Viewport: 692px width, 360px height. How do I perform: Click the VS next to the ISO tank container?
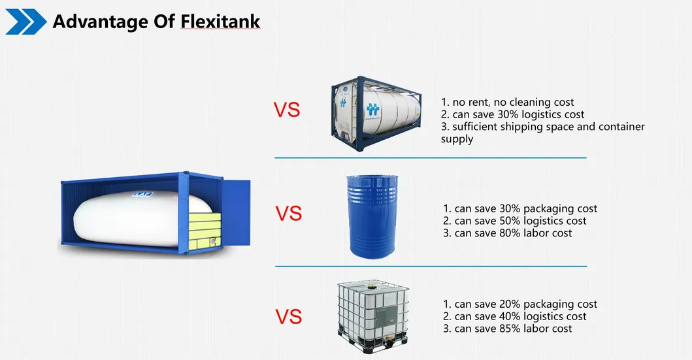[x=286, y=109]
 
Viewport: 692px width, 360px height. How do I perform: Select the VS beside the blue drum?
[x=288, y=214]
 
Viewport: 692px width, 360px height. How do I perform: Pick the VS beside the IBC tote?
[x=288, y=317]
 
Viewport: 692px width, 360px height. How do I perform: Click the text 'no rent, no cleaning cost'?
[x=508, y=102]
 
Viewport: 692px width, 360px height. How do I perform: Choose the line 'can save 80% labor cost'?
[x=507, y=233]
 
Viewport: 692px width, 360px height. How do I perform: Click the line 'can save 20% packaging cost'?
[x=520, y=304]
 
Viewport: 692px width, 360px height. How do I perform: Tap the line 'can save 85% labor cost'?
[x=507, y=329]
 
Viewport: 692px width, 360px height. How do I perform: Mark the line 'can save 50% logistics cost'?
[x=514, y=221]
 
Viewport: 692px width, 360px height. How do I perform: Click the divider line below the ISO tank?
[x=430, y=157]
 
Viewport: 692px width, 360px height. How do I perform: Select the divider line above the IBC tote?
[x=430, y=266]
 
